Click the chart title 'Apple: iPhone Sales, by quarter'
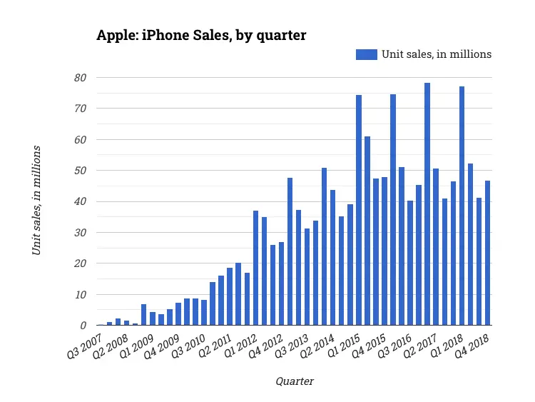click(x=201, y=35)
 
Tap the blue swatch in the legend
click(x=366, y=54)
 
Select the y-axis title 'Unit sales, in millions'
click(x=36, y=200)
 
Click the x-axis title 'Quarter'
click(x=294, y=381)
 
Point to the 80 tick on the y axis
click(x=81, y=77)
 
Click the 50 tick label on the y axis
click(x=81, y=171)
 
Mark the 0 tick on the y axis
click(x=84, y=326)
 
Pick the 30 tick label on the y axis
click(x=81, y=233)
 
